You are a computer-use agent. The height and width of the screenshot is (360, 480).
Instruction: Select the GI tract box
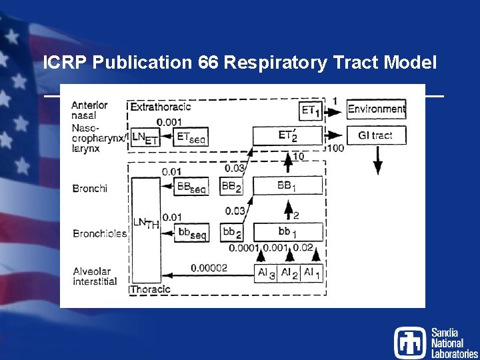click(x=375, y=135)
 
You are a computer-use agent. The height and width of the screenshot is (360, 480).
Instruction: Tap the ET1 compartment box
click(x=310, y=110)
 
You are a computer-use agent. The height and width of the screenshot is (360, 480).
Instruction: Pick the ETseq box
click(x=191, y=137)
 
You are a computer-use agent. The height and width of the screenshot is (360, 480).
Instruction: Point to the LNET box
click(x=145, y=137)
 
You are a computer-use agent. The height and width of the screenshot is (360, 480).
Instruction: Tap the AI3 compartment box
click(x=265, y=273)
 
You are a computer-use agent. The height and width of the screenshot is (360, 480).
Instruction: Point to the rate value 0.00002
click(x=209, y=268)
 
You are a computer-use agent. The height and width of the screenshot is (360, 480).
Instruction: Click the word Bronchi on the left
click(x=89, y=188)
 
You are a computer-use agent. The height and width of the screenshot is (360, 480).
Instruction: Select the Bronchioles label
click(x=99, y=233)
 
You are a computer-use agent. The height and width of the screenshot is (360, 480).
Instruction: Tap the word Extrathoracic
click(x=160, y=107)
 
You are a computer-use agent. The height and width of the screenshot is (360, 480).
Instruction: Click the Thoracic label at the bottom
click(x=151, y=289)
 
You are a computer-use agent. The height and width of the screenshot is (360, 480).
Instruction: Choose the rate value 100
click(x=335, y=147)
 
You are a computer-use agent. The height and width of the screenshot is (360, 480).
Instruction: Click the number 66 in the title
click(x=207, y=63)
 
